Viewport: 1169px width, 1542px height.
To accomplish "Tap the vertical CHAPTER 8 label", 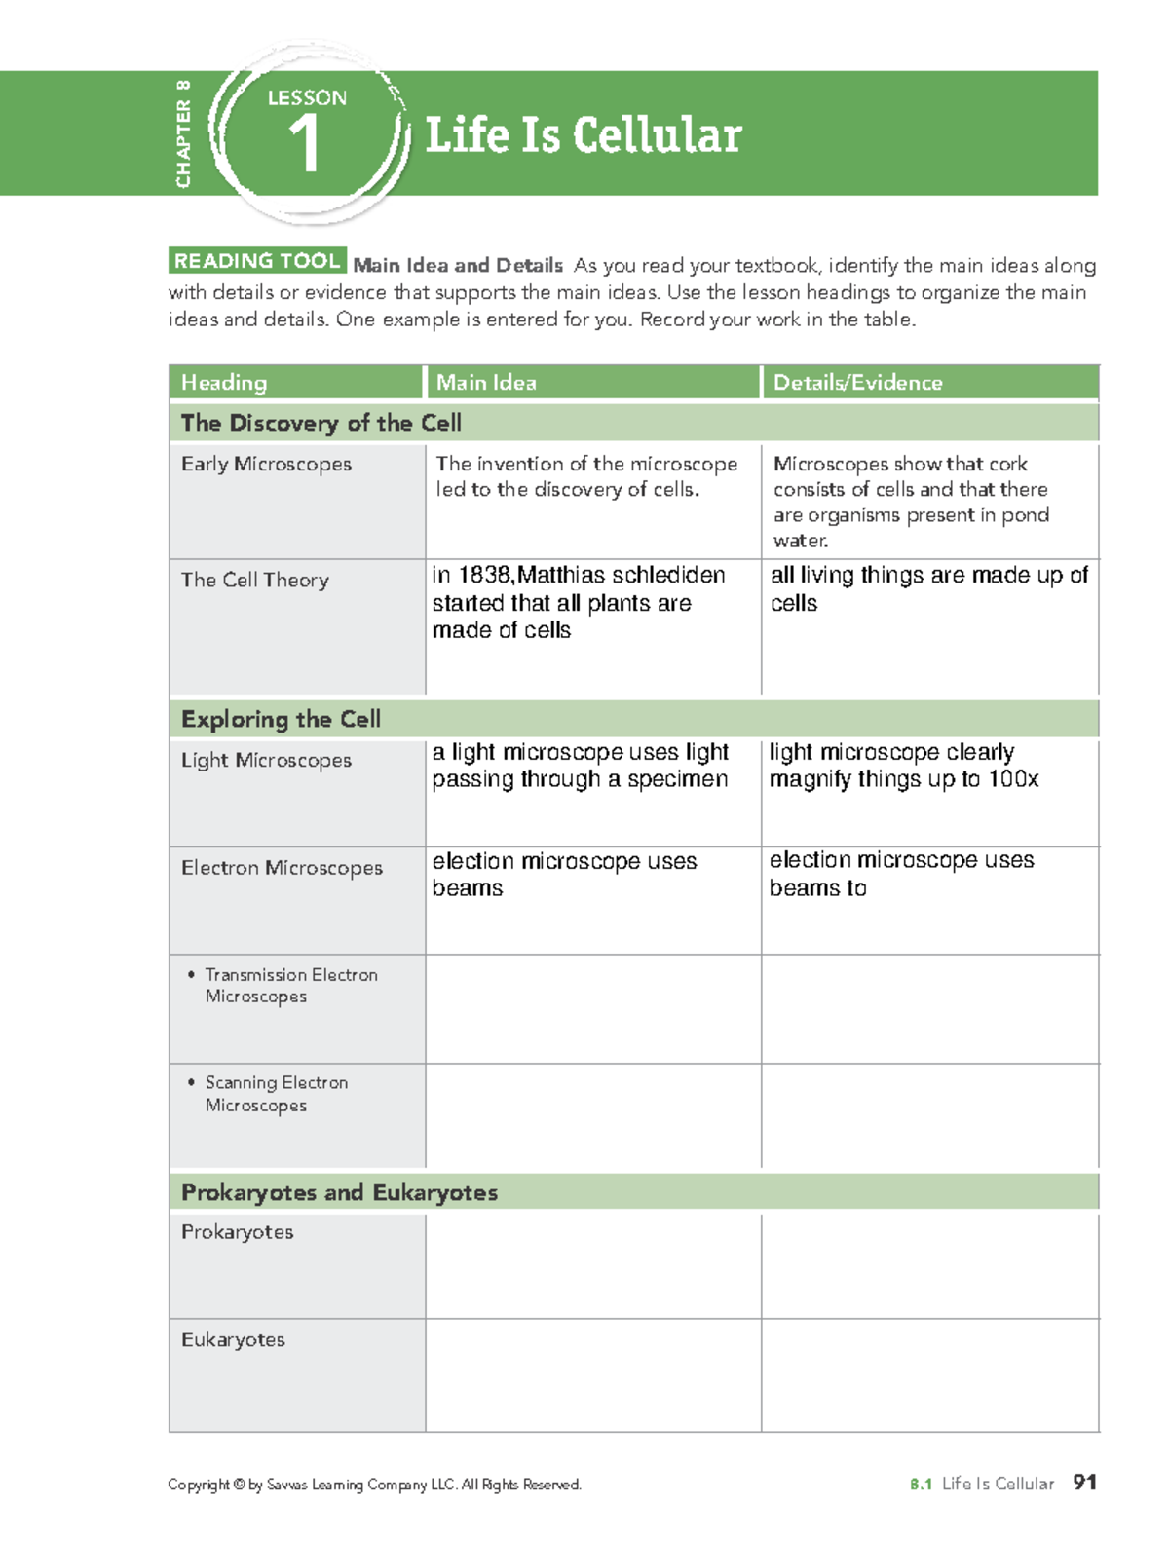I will point(183,134).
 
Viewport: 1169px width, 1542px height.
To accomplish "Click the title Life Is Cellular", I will point(583,134).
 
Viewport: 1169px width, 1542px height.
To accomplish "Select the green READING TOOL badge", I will point(257,261).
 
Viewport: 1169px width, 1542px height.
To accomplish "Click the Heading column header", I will point(224,383).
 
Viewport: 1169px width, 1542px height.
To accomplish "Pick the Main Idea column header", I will point(486,383).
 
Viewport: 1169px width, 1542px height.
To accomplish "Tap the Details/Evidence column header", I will point(857,383).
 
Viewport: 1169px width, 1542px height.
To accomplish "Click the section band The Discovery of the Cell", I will point(321,423).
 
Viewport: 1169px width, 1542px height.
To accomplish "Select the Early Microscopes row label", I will point(266,465).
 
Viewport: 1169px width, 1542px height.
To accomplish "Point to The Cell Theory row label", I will point(255,581).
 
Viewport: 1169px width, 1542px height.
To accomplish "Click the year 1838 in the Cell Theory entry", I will point(484,576).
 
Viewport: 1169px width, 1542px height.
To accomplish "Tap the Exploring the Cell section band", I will point(281,720).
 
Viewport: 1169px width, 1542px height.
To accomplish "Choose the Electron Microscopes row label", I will point(282,868).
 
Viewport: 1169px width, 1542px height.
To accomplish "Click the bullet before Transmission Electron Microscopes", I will point(191,974).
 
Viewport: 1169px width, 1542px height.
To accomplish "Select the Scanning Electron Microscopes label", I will point(276,1094).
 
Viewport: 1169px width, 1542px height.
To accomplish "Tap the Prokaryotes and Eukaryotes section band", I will point(339,1193).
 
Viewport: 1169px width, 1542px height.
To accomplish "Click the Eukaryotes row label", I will point(233,1340).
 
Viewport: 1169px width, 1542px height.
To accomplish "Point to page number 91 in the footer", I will point(1084,1483).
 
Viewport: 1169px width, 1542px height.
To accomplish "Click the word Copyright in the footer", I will point(198,1486).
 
